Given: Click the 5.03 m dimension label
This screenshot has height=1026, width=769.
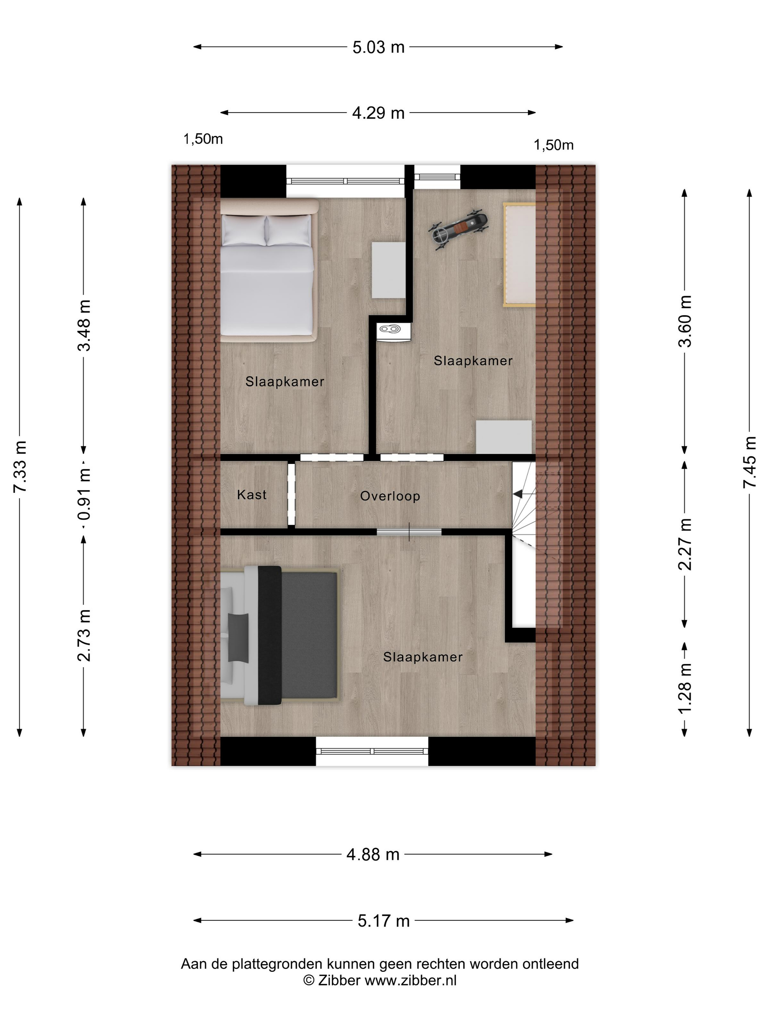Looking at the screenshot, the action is (x=378, y=47).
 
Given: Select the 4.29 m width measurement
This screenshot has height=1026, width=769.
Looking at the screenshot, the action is (x=378, y=113).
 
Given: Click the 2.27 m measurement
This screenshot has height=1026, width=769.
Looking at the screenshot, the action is (x=685, y=544).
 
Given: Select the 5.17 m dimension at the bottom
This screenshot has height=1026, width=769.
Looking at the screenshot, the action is (x=383, y=921).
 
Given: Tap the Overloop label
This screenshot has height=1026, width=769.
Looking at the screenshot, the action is (x=390, y=496).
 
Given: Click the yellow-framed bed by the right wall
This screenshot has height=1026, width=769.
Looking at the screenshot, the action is (x=520, y=255).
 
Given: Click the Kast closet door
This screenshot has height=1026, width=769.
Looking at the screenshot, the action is (x=291, y=494).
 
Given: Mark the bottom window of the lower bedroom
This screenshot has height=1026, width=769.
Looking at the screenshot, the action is (x=372, y=751).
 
